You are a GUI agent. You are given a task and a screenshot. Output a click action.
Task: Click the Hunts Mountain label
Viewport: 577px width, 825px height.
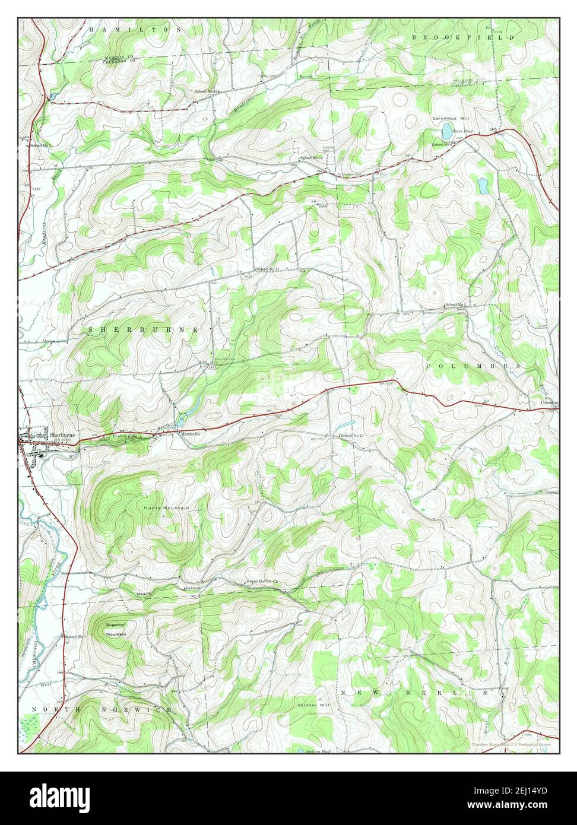click(166, 508)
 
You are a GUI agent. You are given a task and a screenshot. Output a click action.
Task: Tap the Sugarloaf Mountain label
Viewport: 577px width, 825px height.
click(116, 629)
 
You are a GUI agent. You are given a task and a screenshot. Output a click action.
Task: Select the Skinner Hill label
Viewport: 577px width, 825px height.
click(314, 705)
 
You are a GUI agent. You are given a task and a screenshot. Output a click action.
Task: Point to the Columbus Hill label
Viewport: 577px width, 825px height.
click(451, 119)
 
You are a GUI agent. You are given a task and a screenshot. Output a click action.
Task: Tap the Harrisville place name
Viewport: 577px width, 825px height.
click(192, 433)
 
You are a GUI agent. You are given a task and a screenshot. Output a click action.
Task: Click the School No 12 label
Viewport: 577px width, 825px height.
click(311, 158)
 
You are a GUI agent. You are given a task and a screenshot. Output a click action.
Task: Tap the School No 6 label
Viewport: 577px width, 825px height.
click(442, 144)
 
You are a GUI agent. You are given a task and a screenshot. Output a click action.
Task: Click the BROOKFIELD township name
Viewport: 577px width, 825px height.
click(464, 37)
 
